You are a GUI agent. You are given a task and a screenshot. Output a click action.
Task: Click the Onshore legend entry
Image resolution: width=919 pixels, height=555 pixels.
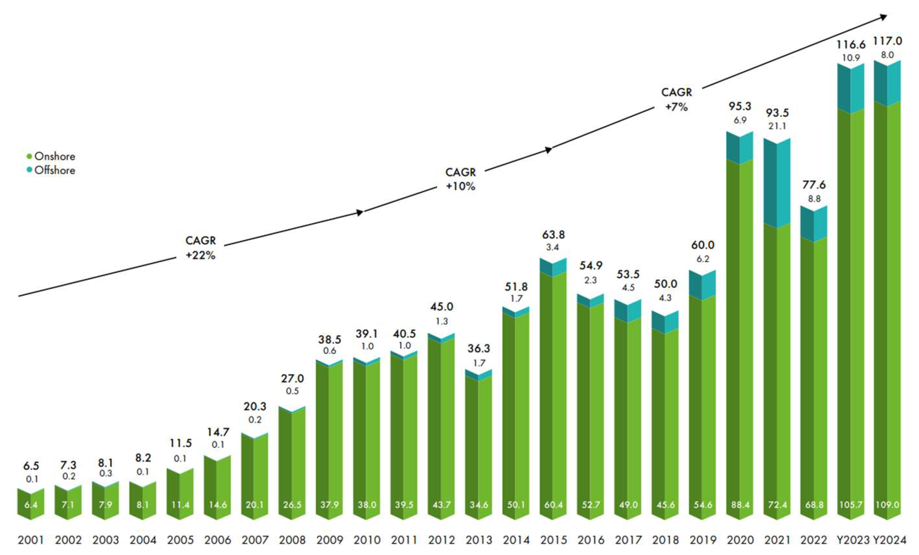(51, 156)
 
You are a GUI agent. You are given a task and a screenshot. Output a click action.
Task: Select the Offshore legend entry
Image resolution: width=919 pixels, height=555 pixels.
(51, 170)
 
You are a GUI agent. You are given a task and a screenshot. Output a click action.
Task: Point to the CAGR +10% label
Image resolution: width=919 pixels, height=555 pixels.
(461, 179)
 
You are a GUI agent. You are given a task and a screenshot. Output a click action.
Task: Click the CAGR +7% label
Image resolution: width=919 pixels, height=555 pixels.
(676, 100)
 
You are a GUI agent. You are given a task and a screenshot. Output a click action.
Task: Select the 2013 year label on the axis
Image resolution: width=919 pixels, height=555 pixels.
(479, 540)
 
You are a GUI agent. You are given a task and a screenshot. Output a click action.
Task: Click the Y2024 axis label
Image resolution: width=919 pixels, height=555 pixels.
(889, 540)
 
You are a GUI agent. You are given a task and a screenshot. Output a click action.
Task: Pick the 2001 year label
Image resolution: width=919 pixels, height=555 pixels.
(31, 540)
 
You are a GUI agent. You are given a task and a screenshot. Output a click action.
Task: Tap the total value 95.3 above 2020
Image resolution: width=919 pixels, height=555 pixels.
(740, 106)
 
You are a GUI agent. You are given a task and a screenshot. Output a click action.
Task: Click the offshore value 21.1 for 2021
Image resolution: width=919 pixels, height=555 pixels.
(777, 126)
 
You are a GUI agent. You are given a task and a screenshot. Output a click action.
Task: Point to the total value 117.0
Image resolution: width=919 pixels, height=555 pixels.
(887, 41)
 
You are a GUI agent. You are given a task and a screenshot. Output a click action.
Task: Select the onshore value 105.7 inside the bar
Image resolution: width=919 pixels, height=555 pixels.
(850, 505)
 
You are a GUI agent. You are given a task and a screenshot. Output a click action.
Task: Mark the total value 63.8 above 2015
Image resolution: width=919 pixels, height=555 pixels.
(554, 235)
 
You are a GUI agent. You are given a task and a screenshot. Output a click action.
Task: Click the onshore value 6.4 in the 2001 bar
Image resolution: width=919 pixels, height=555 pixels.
(31, 505)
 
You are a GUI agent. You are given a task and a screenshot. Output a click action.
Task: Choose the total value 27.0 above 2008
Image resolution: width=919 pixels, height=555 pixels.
(292, 379)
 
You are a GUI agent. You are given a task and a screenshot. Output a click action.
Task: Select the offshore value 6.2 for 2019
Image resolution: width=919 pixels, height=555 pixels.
(703, 259)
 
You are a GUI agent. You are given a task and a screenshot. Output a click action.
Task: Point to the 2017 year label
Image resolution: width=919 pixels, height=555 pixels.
(628, 540)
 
